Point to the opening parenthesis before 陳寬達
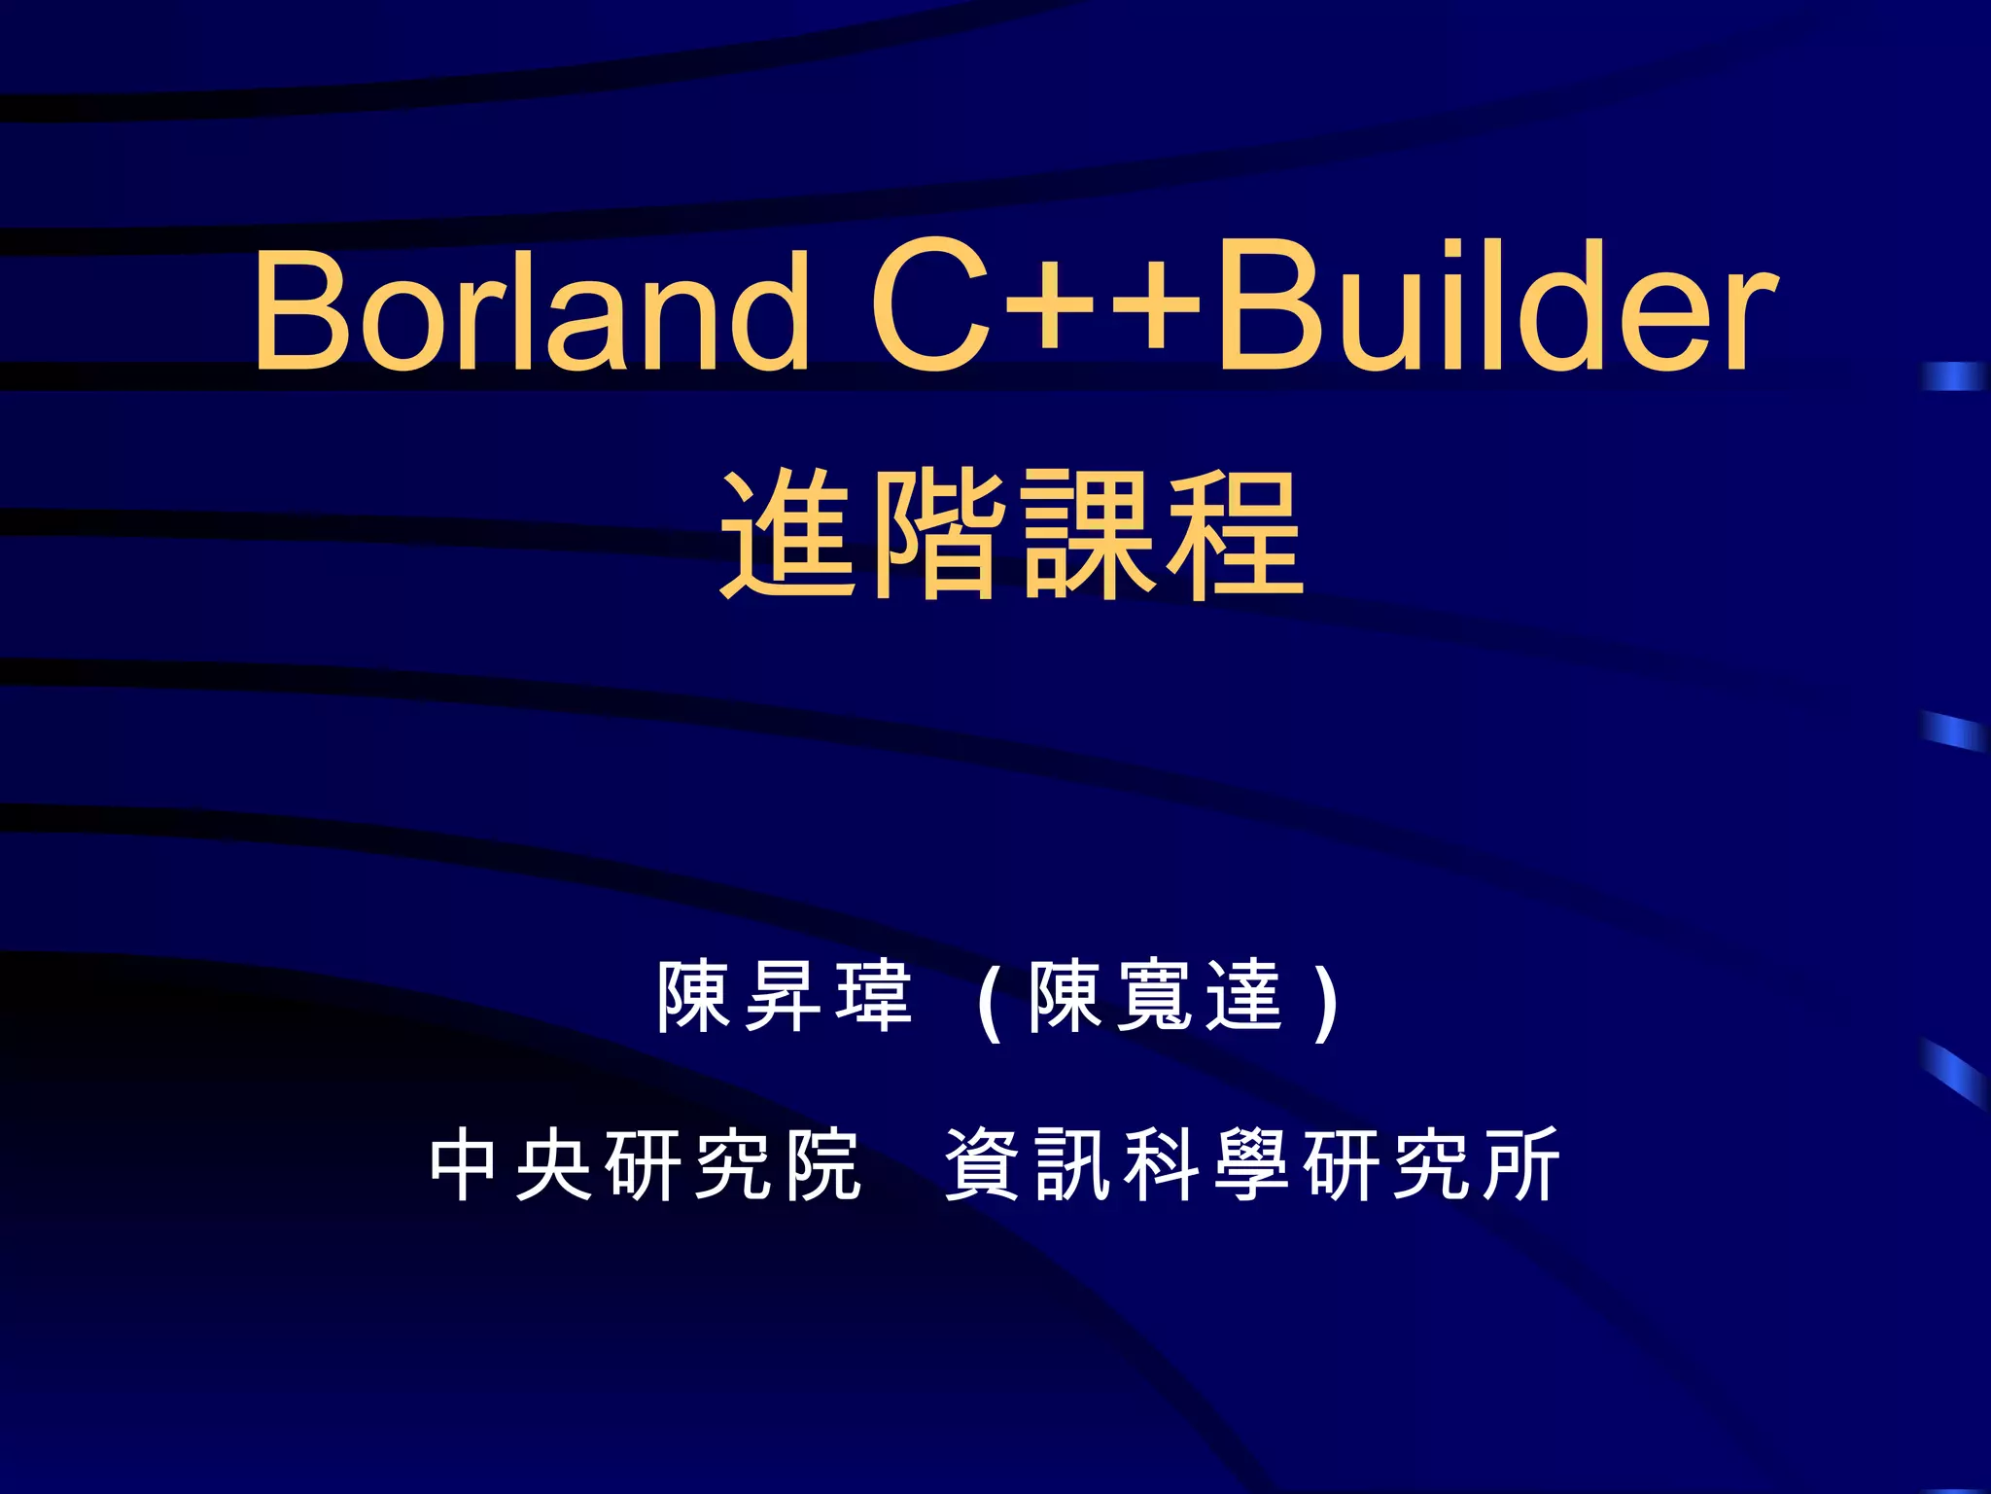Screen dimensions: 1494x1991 click(991, 1002)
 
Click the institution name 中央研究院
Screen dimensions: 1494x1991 click(645, 1164)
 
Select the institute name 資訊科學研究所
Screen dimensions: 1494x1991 click(1253, 1164)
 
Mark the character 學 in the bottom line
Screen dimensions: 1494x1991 click(1253, 1164)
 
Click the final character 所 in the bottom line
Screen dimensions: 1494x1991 click(1521, 1164)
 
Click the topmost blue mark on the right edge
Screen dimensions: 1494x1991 click(1954, 375)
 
